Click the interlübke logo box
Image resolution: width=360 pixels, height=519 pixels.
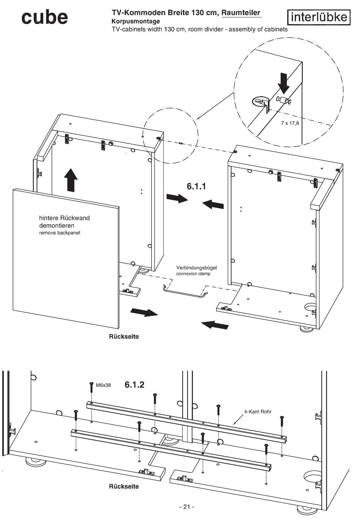coord(318,17)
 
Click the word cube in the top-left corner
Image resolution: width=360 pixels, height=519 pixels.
coord(45,17)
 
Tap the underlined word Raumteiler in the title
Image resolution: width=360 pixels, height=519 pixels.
coord(241,13)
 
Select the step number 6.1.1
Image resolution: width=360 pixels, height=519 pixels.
coord(196,186)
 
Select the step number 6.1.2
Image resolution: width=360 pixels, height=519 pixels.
coord(135,385)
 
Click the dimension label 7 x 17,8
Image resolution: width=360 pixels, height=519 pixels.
coord(290,123)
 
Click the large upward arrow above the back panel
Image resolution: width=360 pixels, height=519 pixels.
coord(70,180)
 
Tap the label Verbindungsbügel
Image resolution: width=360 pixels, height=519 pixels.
coord(197,268)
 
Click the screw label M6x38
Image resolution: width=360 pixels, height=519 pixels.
coord(103,385)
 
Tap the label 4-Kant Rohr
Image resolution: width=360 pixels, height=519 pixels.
coord(258,412)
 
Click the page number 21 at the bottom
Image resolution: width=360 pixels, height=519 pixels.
coord(186,507)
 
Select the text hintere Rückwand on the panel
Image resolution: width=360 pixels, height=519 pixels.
coord(64,218)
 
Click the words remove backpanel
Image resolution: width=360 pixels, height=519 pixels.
coord(59,233)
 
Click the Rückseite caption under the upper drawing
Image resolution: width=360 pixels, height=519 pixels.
coord(124,336)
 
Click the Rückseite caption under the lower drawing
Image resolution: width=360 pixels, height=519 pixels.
coord(124,486)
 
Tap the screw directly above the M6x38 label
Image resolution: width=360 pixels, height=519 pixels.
coord(91,387)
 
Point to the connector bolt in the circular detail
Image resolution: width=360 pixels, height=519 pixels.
coord(284,100)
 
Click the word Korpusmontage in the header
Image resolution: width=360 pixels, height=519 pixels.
coord(136,21)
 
